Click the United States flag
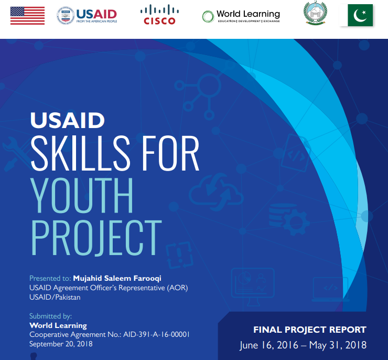[x=27, y=15]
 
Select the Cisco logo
[x=159, y=15]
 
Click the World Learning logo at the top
[x=241, y=16]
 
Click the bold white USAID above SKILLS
[x=68, y=121]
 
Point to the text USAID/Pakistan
[x=55, y=297]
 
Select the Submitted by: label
[x=50, y=316]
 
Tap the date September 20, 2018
[x=61, y=344]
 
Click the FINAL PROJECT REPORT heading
[x=310, y=330]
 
